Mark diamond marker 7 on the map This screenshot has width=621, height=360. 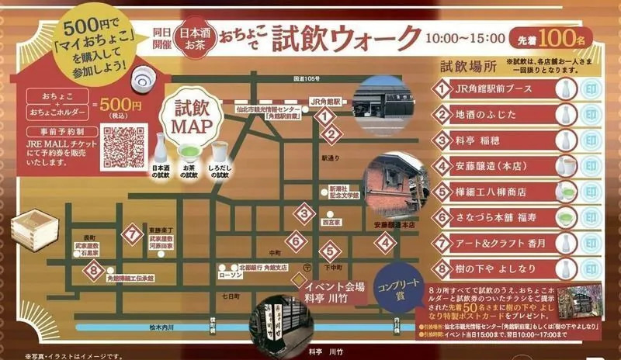(133, 232)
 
